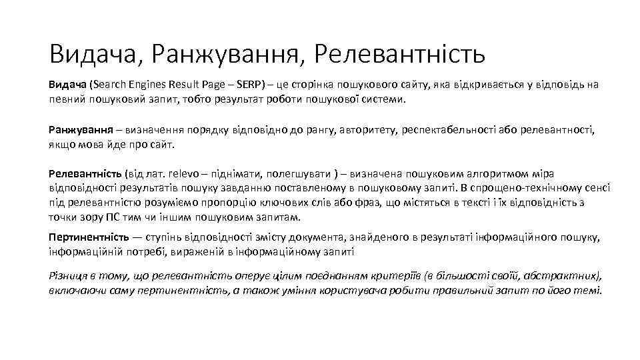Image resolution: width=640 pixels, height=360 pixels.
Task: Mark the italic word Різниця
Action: pyautogui.click(x=69, y=275)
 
